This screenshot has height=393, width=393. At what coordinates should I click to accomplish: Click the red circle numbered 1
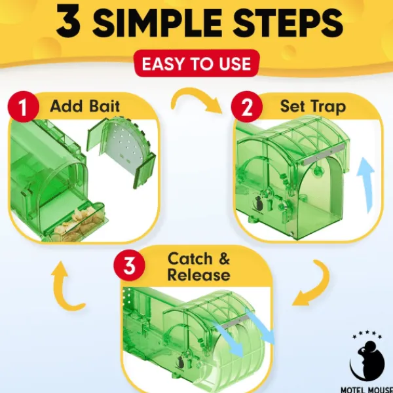click(24, 107)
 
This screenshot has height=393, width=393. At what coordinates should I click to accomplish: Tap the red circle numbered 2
click(247, 107)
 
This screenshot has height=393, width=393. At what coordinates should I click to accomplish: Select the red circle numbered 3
click(129, 265)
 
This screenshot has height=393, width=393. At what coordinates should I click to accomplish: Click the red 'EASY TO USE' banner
click(196, 64)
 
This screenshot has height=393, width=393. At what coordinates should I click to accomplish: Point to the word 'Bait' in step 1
click(105, 106)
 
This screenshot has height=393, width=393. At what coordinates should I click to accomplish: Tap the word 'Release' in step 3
click(198, 274)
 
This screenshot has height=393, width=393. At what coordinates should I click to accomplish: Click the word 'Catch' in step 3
click(190, 259)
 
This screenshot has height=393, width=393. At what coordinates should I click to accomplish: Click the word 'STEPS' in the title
click(288, 22)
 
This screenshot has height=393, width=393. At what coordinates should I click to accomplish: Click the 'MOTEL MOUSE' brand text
click(366, 390)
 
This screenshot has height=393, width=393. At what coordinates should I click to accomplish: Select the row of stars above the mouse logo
click(367, 335)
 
